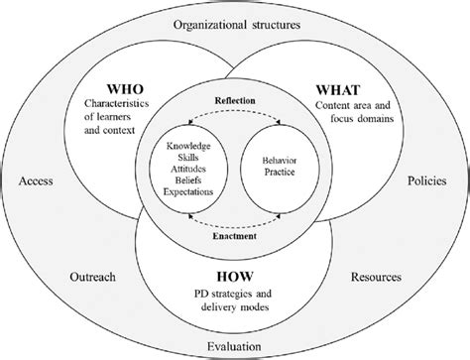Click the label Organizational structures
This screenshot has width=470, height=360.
(235, 24)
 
